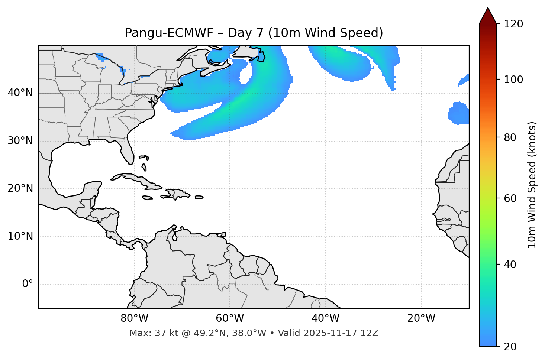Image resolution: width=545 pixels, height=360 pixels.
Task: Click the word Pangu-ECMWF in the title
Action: point(169,33)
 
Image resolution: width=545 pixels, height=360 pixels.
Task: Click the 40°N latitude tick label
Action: point(20,93)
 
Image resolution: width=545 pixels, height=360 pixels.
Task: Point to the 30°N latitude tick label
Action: point(20,141)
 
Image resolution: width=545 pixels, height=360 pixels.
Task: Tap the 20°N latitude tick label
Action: point(20,188)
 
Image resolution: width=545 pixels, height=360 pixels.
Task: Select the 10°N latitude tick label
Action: point(20,236)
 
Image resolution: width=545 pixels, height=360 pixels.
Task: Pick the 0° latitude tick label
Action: point(28,284)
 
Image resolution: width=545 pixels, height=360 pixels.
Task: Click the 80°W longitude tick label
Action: point(134,318)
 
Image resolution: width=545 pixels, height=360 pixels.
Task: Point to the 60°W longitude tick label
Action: point(230,318)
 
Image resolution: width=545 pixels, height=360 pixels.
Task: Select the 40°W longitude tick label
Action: point(325,318)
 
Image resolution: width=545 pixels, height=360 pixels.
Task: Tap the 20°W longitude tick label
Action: point(421,318)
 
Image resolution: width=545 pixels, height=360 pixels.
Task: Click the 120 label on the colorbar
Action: point(513,24)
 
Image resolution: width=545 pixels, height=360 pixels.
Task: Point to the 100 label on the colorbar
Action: point(513,80)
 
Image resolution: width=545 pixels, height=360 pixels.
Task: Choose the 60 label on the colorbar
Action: point(510,198)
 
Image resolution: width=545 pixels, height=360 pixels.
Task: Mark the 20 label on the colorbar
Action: point(510,346)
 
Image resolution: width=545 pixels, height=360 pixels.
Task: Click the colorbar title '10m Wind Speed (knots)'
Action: point(532,185)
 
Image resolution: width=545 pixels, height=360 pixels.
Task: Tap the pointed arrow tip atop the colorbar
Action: point(487,9)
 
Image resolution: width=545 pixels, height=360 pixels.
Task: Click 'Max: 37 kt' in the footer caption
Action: point(148,333)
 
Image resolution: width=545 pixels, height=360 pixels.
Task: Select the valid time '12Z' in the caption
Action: point(370,333)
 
